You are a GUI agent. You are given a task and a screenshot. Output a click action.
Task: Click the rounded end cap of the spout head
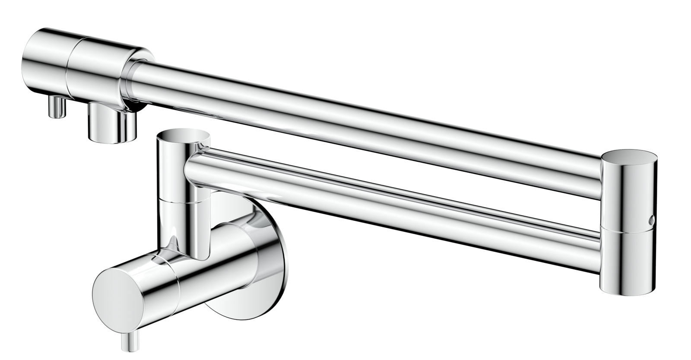pos(43,61)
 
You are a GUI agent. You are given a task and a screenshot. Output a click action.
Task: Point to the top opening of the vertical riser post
pos(183,135)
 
